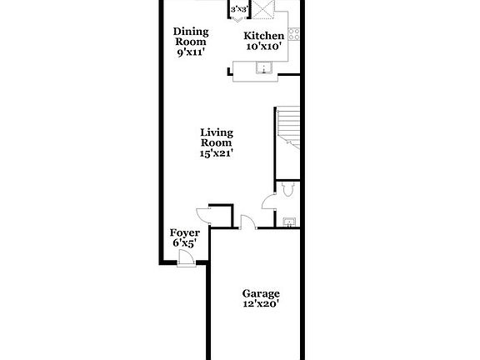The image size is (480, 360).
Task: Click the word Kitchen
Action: [x=263, y=36]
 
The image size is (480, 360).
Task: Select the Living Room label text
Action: [x=216, y=137]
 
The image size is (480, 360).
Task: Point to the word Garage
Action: [x=261, y=293]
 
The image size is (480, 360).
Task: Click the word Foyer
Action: [x=184, y=232]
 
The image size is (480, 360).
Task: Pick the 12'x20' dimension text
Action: [x=261, y=304]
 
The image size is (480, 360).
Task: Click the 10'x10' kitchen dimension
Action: [x=263, y=47]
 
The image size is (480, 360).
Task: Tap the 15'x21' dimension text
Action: [x=216, y=153]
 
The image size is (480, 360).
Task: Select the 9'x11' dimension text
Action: [x=190, y=52]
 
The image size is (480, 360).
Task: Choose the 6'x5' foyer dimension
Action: [x=184, y=243]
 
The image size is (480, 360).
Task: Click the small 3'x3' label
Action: [x=239, y=9]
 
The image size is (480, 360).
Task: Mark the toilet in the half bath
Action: [x=287, y=190]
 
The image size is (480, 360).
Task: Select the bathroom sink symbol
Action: [x=288, y=222]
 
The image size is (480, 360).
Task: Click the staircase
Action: [x=287, y=129]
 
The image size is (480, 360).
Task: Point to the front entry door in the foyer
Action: [x=187, y=259]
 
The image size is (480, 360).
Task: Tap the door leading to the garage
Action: [x=247, y=221]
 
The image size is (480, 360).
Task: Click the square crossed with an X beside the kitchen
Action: [x=264, y=9]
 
